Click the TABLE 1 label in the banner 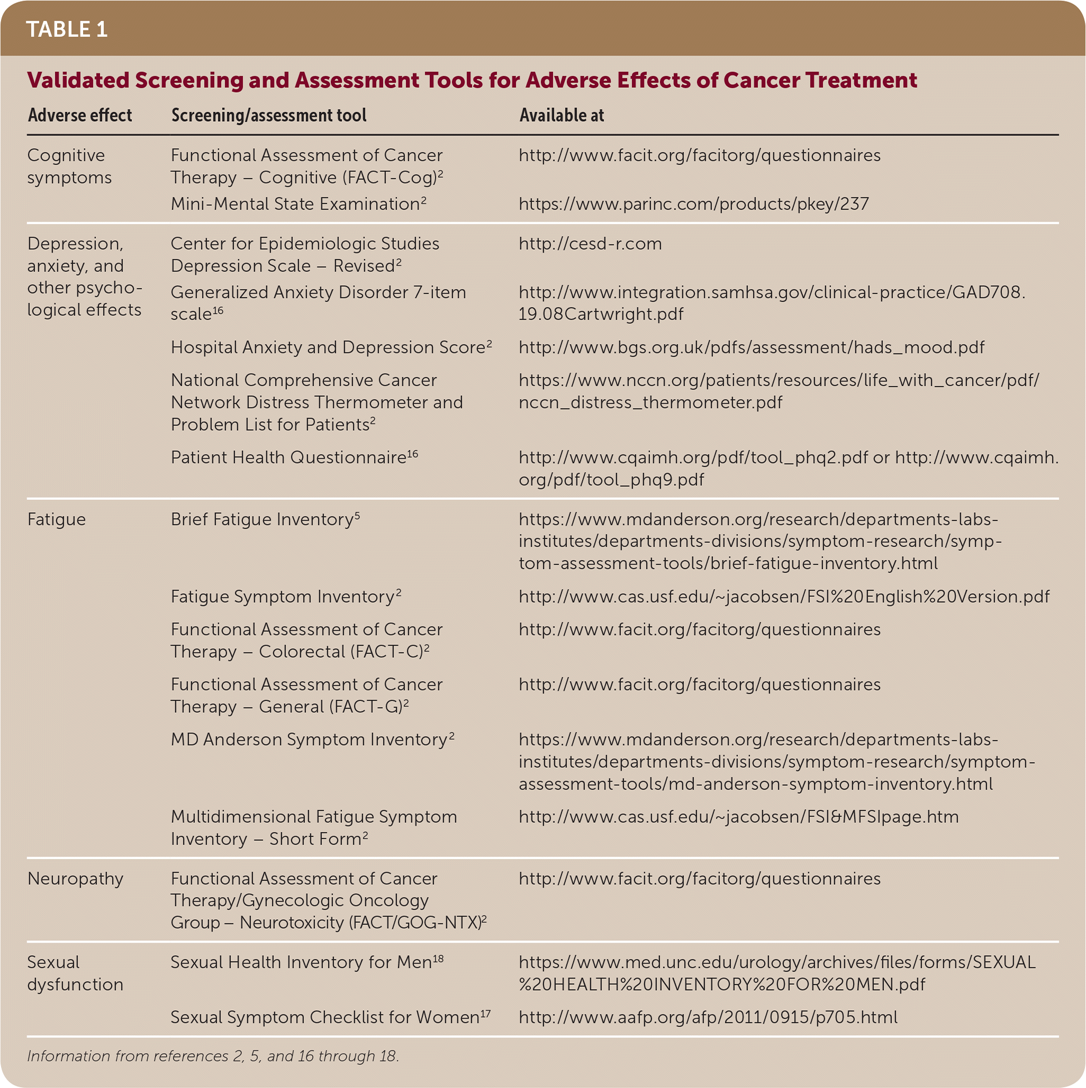67,29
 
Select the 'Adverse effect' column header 80,115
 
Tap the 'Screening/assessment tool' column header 269,115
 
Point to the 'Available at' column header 561,115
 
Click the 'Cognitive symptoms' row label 69,166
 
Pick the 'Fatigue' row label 56,519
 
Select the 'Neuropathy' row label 75,878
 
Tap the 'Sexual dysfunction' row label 75,973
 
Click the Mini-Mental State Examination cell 298,204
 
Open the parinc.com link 693,204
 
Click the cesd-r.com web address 590,244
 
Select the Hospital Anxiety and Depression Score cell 331,348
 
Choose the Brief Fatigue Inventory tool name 265,519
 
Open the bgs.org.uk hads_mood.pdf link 751,348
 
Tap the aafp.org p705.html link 708,1017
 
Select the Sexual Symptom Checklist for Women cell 330,1017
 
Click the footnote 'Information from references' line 213,1056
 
